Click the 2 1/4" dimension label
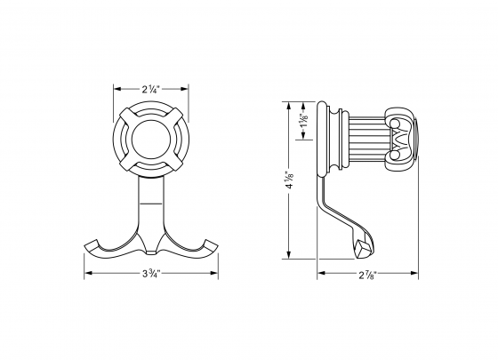click(150, 88)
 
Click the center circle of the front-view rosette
click(150, 140)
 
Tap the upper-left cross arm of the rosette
click(128, 116)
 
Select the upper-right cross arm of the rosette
click(173, 116)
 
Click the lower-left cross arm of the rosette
click(128, 163)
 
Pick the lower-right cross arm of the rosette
click(173, 163)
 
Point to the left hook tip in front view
click(90, 244)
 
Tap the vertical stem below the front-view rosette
click(150, 200)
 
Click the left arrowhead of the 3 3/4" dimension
click(87, 274)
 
